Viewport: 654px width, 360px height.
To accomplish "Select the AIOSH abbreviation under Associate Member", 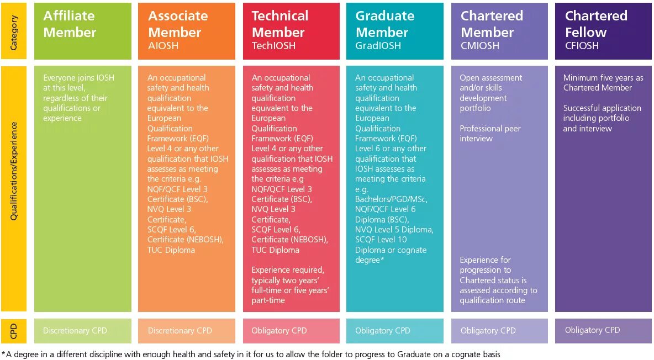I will (163, 46).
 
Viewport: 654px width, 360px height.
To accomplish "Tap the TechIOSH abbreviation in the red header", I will (273, 46).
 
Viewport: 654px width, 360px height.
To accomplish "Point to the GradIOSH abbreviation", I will (378, 46).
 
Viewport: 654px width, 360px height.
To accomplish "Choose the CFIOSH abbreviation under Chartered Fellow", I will (582, 46).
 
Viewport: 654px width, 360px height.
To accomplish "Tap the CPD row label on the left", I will (14, 331).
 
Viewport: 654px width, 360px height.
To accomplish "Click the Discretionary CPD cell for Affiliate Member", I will (75, 331).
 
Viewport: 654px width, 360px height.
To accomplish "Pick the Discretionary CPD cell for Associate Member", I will (180, 331).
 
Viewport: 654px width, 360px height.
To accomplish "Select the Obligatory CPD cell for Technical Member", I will (279, 331).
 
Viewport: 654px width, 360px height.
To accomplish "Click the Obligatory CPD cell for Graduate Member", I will (383, 331).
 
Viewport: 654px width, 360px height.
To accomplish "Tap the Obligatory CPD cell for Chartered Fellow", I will (592, 330).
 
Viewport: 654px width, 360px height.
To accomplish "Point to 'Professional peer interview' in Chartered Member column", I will (490, 134).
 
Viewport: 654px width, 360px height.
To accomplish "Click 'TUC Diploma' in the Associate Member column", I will (171, 250).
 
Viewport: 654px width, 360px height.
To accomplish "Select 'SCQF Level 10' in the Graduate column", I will (381, 240).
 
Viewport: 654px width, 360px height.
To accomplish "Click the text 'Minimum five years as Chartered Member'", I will (603, 83).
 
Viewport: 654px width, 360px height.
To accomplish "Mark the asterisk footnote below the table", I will (251, 354).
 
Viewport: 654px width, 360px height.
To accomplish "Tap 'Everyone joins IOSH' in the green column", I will (78, 78).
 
